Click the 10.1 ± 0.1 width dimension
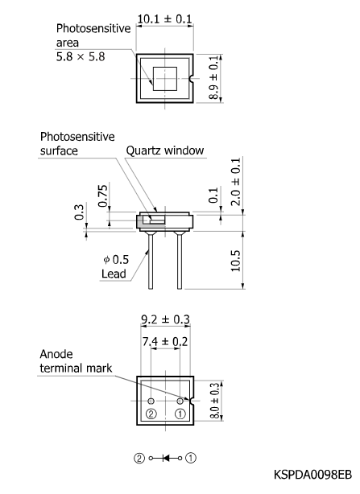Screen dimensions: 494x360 coord(164,19)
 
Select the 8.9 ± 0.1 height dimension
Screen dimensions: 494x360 coord(213,78)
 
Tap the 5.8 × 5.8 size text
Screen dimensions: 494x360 coord(81,57)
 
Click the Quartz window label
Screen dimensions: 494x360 coord(164,150)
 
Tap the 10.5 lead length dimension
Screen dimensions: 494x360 coord(236,261)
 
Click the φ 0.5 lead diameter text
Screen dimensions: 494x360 coord(116,260)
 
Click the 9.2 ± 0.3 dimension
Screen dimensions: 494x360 coord(165,319)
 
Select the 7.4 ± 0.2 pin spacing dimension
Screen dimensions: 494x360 coord(165,342)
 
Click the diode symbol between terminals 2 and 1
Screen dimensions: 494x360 coord(165,459)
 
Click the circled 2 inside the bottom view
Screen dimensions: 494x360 coord(151,414)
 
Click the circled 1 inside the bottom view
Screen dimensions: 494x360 coord(180,414)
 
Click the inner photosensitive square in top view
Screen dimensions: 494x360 coord(165,79)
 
